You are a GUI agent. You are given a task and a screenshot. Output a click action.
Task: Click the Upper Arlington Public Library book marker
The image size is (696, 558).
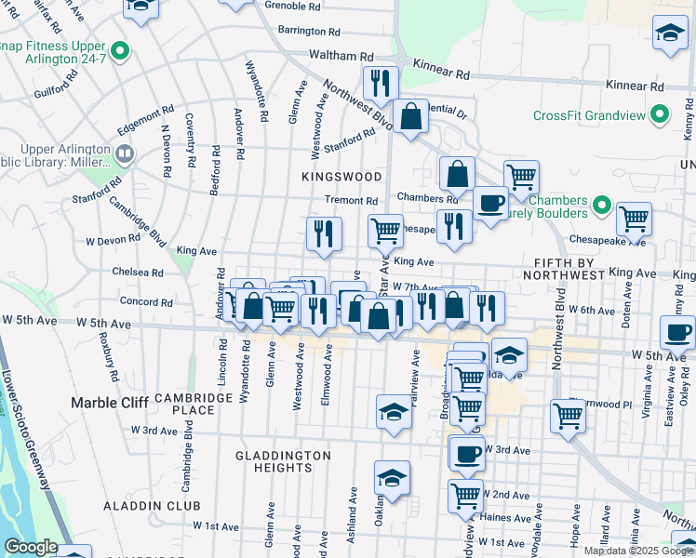click(125, 153)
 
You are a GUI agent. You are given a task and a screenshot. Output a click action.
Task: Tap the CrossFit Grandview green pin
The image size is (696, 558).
click(660, 116)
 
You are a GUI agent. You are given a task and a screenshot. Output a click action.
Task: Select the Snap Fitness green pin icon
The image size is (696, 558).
click(119, 49)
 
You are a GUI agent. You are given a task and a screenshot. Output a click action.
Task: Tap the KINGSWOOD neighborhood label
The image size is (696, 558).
click(341, 176)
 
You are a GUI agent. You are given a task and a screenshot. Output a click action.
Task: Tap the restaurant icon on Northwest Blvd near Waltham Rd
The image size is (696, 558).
click(380, 83)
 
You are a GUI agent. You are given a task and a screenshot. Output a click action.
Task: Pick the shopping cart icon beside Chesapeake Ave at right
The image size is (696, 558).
click(634, 219)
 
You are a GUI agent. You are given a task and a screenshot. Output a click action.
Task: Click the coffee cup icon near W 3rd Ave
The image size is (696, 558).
click(467, 453)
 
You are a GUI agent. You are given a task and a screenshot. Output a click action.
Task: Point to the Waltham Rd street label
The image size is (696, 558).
click(341, 56)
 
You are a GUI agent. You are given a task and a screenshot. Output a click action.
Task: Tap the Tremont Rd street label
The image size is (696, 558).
click(351, 201)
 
